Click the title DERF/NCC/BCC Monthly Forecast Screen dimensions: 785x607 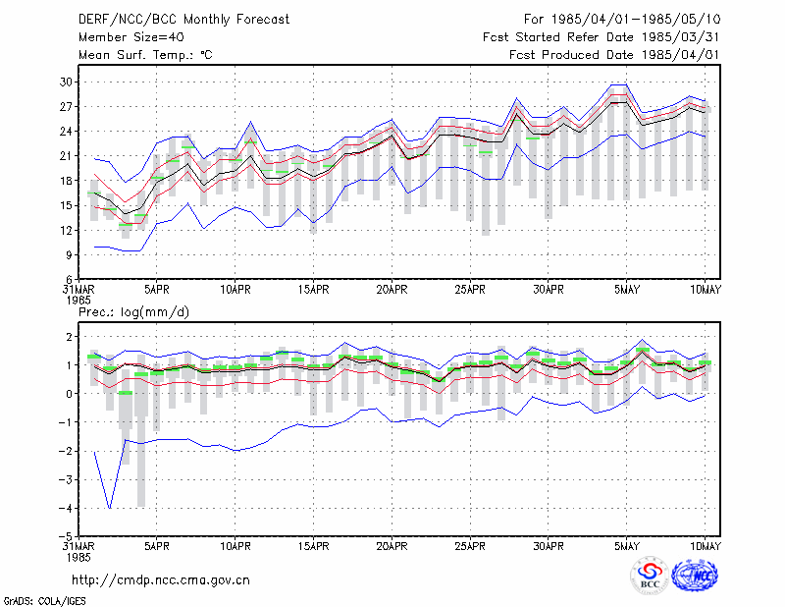(x=183, y=20)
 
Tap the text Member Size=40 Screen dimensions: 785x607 (x=131, y=37)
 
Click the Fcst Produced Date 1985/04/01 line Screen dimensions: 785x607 (x=614, y=55)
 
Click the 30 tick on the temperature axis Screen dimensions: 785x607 (x=67, y=82)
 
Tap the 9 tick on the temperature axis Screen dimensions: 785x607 (x=70, y=255)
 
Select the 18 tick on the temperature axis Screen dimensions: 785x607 (x=67, y=181)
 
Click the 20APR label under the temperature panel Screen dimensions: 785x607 (x=392, y=290)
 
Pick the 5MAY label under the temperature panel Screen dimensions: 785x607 (x=627, y=290)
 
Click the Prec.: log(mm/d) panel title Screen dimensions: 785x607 (x=133, y=312)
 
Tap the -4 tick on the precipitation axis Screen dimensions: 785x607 (x=66, y=508)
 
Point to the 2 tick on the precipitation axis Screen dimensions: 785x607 (x=70, y=336)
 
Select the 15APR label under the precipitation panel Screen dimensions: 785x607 (x=313, y=546)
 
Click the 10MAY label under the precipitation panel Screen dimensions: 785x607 (x=705, y=546)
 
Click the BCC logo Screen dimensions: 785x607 (x=650, y=576)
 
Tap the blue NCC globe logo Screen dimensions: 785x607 (x=695, y=576)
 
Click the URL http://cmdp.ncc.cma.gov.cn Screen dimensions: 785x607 (x=161, y=580)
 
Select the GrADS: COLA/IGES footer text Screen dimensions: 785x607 (x=44, y=601)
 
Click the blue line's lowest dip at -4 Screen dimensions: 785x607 (x=110, y=508)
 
